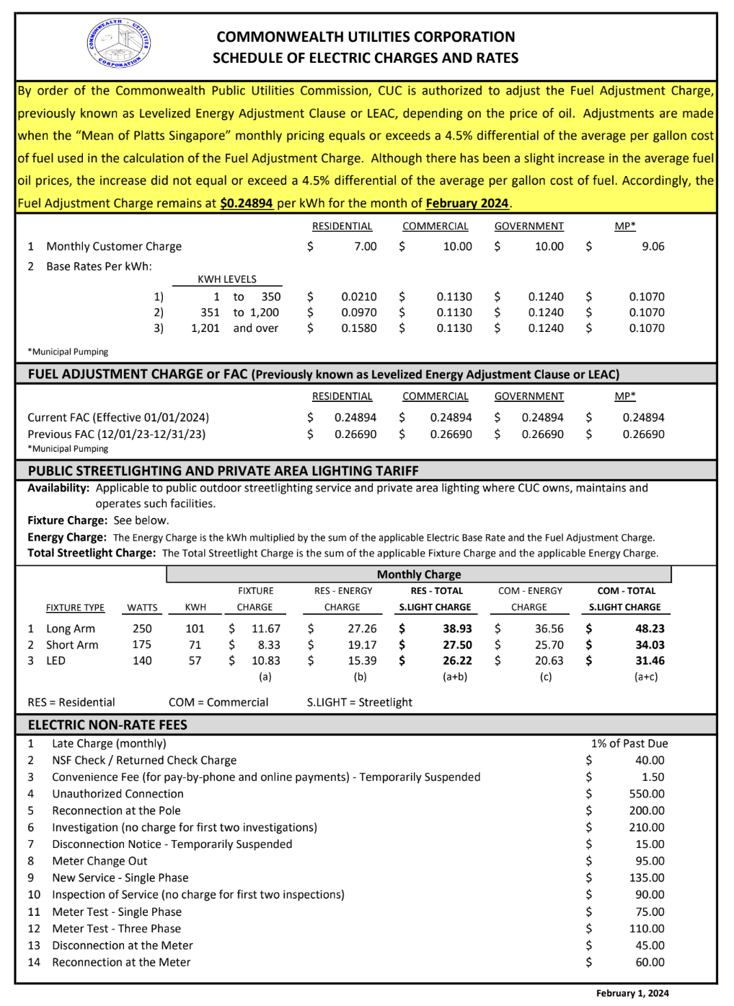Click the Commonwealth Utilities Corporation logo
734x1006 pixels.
click(x=119, y=43)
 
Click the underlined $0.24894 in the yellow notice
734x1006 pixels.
click(x=247, y=204)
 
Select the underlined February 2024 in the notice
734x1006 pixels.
click(x=467, y=204)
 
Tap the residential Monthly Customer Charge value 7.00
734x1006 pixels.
click(x=366, y=247)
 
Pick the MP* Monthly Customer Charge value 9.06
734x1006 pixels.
click(x=653, y=247)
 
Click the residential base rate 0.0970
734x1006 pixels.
click(x=359, y=312)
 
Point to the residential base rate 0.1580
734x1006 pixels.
click(x=359, y=328)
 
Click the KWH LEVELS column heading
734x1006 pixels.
click(x=227, y=279)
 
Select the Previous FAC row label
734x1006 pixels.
click(x=116, y=434)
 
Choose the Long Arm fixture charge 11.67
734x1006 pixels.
click(x=266, y=629)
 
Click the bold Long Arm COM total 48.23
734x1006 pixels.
click(x=650, y=629)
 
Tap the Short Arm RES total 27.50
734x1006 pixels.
click(x=457, y=645)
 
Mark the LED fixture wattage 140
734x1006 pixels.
click(x=142, y=661)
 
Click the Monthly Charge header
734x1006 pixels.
click(x=419, y=574)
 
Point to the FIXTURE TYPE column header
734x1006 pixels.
click(x=75, y=608)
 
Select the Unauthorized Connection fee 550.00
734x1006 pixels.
click(x=647, y=794)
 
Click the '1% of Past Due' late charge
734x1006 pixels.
click(x=629, y=743)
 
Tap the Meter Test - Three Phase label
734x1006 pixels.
click(x=116, y=929)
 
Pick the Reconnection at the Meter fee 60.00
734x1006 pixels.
click(x=650, y=962)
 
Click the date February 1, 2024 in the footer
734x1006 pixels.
click(x=632, y=993)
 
